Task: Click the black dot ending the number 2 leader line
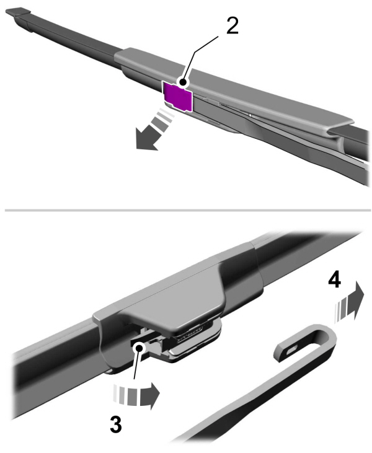coord(182,81)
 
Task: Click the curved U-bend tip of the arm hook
coord(332,338)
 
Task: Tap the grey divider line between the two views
coord(186,210)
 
